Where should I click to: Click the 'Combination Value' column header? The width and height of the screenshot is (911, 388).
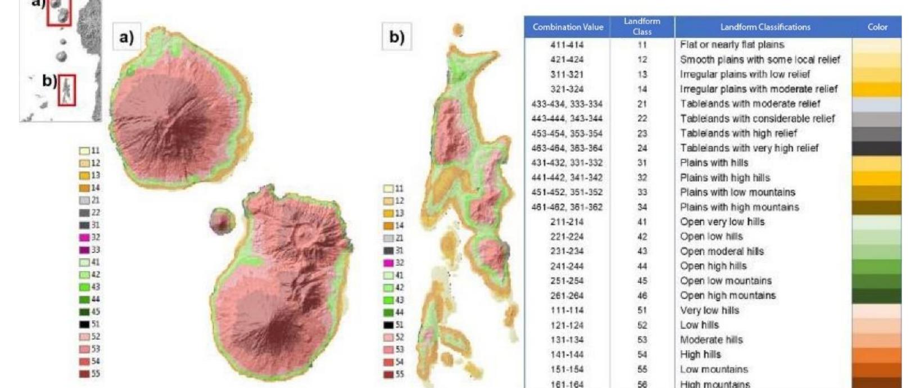coord(568,27)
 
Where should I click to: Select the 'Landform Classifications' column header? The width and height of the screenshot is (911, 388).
coord(764,27)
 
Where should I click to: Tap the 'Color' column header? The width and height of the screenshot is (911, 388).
coord(877,27)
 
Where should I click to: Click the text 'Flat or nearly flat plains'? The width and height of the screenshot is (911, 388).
coord(732,44)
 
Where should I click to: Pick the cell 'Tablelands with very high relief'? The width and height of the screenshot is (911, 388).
coord(749,148)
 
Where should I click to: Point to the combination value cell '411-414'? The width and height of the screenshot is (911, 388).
coord(566,44)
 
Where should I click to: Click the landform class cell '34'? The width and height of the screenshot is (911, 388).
coord(642,207)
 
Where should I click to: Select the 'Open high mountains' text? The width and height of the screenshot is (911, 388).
coord(727,295)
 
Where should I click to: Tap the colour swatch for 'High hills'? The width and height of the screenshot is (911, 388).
coord(877,355)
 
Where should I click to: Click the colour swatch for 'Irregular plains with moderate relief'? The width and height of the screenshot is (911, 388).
coord(877,89)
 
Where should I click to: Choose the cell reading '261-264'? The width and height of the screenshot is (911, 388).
coord(566,295)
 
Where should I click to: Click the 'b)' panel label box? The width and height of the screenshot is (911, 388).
coord(397,37)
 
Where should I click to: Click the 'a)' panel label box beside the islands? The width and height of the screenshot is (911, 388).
coord(127,37)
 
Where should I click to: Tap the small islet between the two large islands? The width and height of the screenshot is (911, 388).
coord(222,220)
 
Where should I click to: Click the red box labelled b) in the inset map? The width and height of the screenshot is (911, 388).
coord(66,90)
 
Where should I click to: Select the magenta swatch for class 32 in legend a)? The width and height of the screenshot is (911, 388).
coord(84,237)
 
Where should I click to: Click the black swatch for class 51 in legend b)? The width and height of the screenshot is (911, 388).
coord(388,325)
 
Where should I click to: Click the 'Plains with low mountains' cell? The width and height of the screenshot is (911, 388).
coord(737,192)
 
